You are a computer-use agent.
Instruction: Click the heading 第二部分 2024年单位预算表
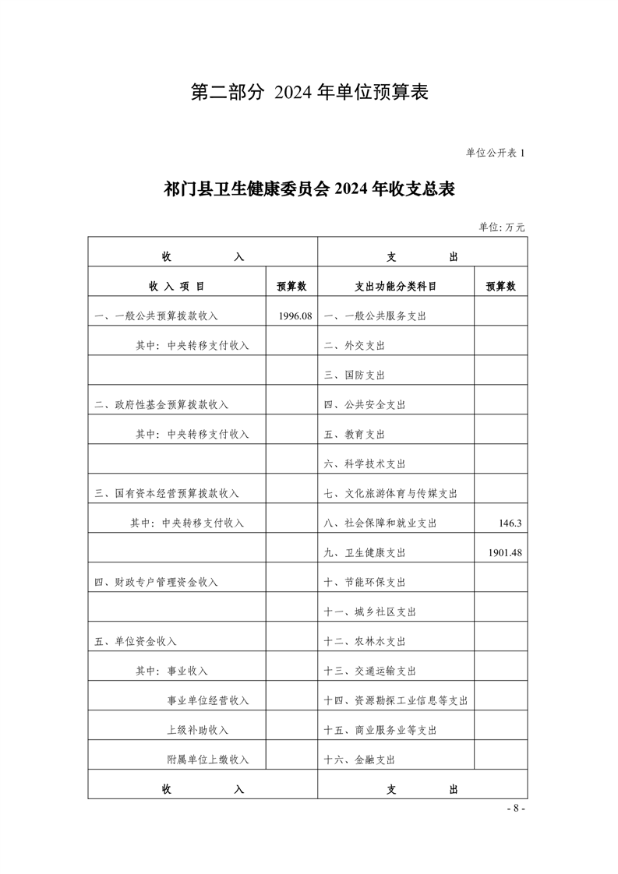point(310,93)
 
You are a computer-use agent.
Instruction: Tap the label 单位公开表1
point(496,153)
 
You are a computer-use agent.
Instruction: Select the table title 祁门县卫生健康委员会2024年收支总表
point(309,189)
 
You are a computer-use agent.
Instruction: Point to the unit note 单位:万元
point(502,227)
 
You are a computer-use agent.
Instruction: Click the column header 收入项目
point(177,286)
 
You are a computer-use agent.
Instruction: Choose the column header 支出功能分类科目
point(396,286)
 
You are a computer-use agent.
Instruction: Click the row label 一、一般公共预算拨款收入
point(156,315)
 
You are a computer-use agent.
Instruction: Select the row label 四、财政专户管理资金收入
point(156,582)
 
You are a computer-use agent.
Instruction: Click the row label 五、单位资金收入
point(136,641)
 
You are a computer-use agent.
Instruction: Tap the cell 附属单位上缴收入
point(208,759)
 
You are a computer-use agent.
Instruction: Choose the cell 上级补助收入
point(198,730)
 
